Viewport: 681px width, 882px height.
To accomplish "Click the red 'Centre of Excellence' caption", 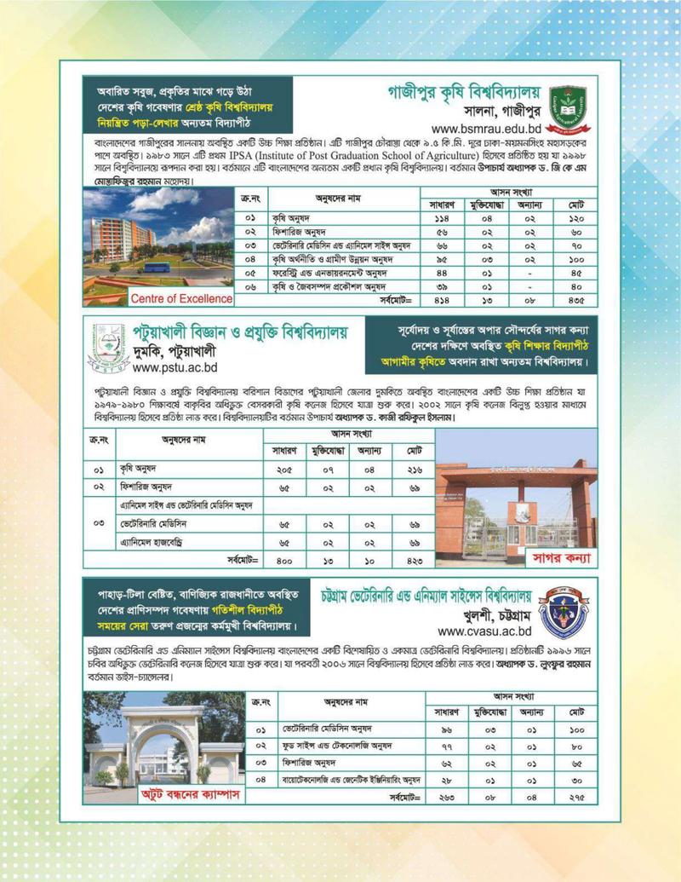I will click(181, 298).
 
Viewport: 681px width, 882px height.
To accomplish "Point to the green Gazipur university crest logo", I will click(568, 105).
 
